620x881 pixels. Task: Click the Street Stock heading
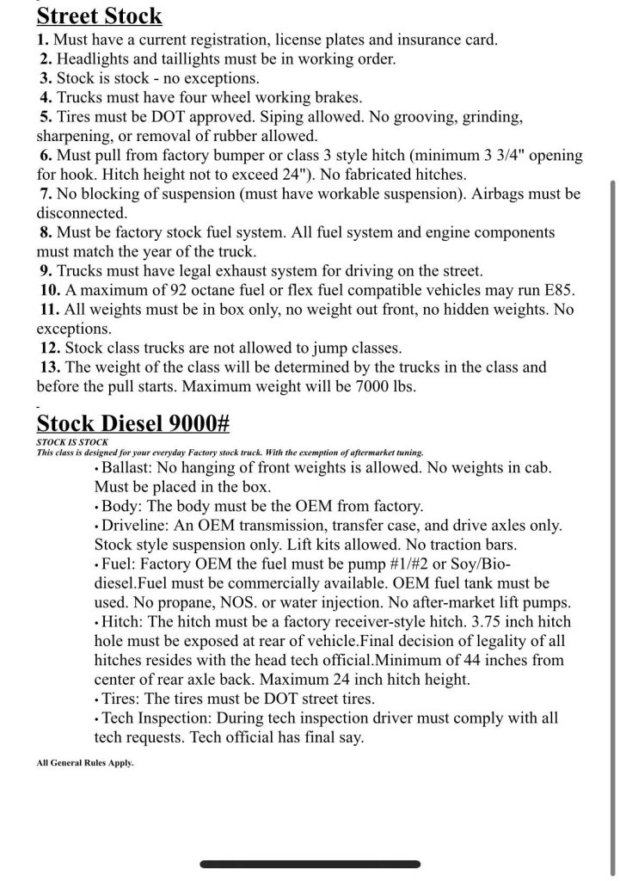tap(99, 15)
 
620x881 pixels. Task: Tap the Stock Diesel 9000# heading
tap(132, 423)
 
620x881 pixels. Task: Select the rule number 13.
tap(50, 367)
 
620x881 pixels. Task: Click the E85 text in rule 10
tap(556, 290)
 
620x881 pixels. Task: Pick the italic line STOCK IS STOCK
tap(72, 442)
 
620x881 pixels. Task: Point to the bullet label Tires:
tap(120, 699)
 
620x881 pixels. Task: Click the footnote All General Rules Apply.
tap(85, 762)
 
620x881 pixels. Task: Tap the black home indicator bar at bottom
tap(310, 864)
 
